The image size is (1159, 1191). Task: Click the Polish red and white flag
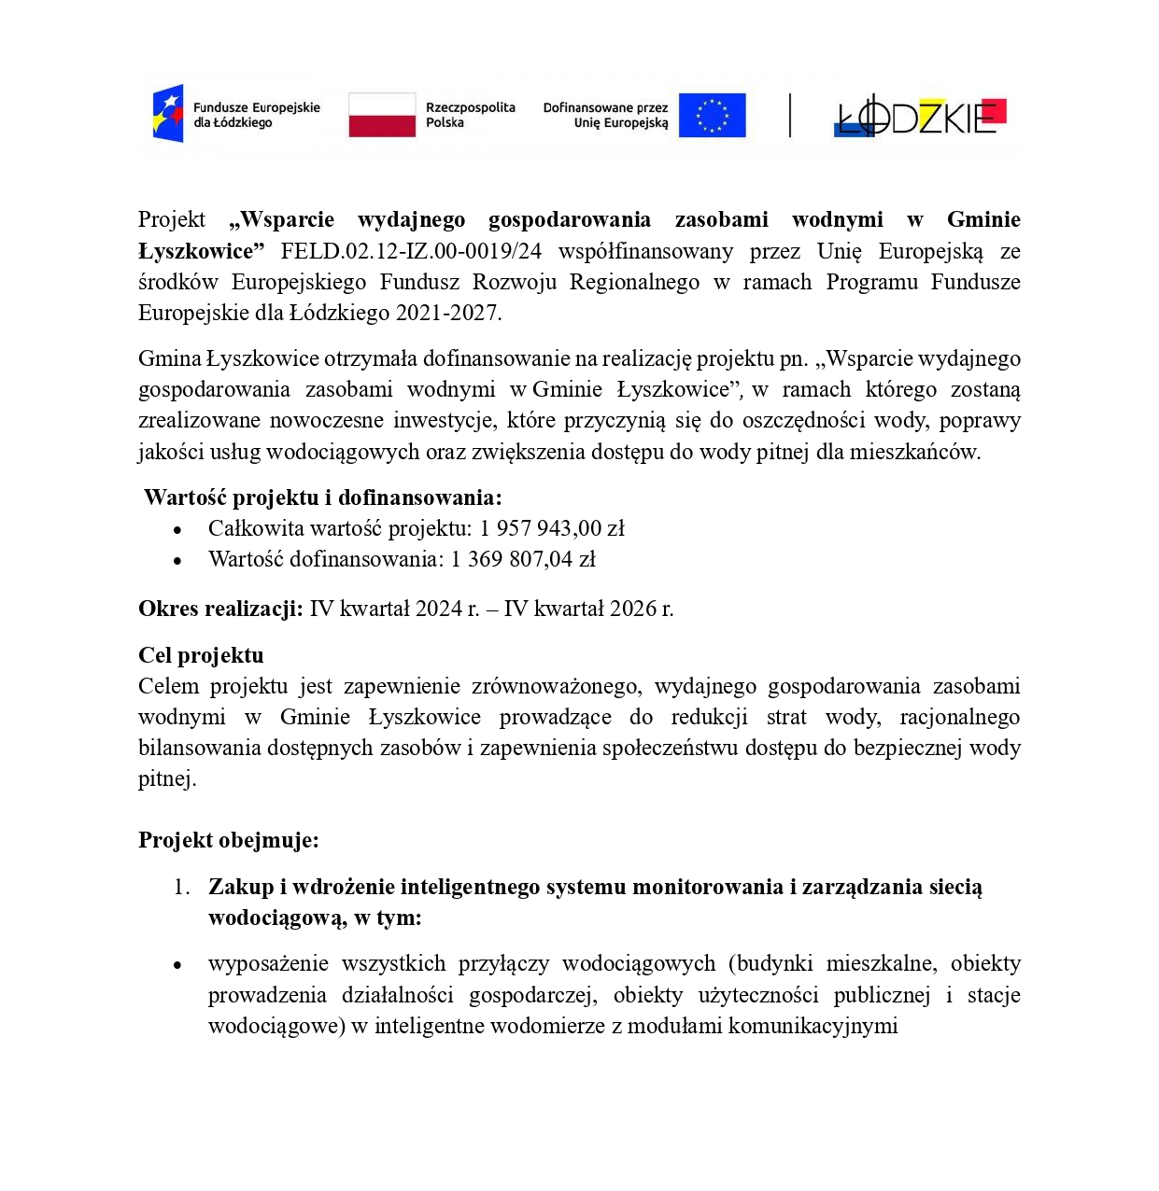(x=381, y=115)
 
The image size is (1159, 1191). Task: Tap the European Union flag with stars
(x=712, y=116)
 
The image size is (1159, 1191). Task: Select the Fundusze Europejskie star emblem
(x=168, y=114)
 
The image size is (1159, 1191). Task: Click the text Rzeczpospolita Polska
(x=470, y=115)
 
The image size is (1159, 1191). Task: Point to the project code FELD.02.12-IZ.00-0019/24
(x=411, y=251)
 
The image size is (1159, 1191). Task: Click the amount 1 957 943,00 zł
(x=552, y=528)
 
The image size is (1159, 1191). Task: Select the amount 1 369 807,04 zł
(x=523, y=559)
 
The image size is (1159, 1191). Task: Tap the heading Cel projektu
(x=201, y=655)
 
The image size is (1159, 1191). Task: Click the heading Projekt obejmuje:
(x=229, y=840)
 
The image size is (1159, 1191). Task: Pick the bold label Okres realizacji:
(x=220, y=610)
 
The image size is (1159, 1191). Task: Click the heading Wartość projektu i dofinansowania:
(x=322, y=497)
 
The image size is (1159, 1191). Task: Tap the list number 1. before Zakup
(x=181, y=888)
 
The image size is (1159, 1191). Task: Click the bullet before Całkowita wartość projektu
(x=177, y=530)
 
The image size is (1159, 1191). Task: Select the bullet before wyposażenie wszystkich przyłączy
(x=177, y=965)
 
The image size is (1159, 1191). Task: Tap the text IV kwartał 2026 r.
(x=588, y=610)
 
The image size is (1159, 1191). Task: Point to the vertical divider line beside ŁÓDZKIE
(x=790, y=116)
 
